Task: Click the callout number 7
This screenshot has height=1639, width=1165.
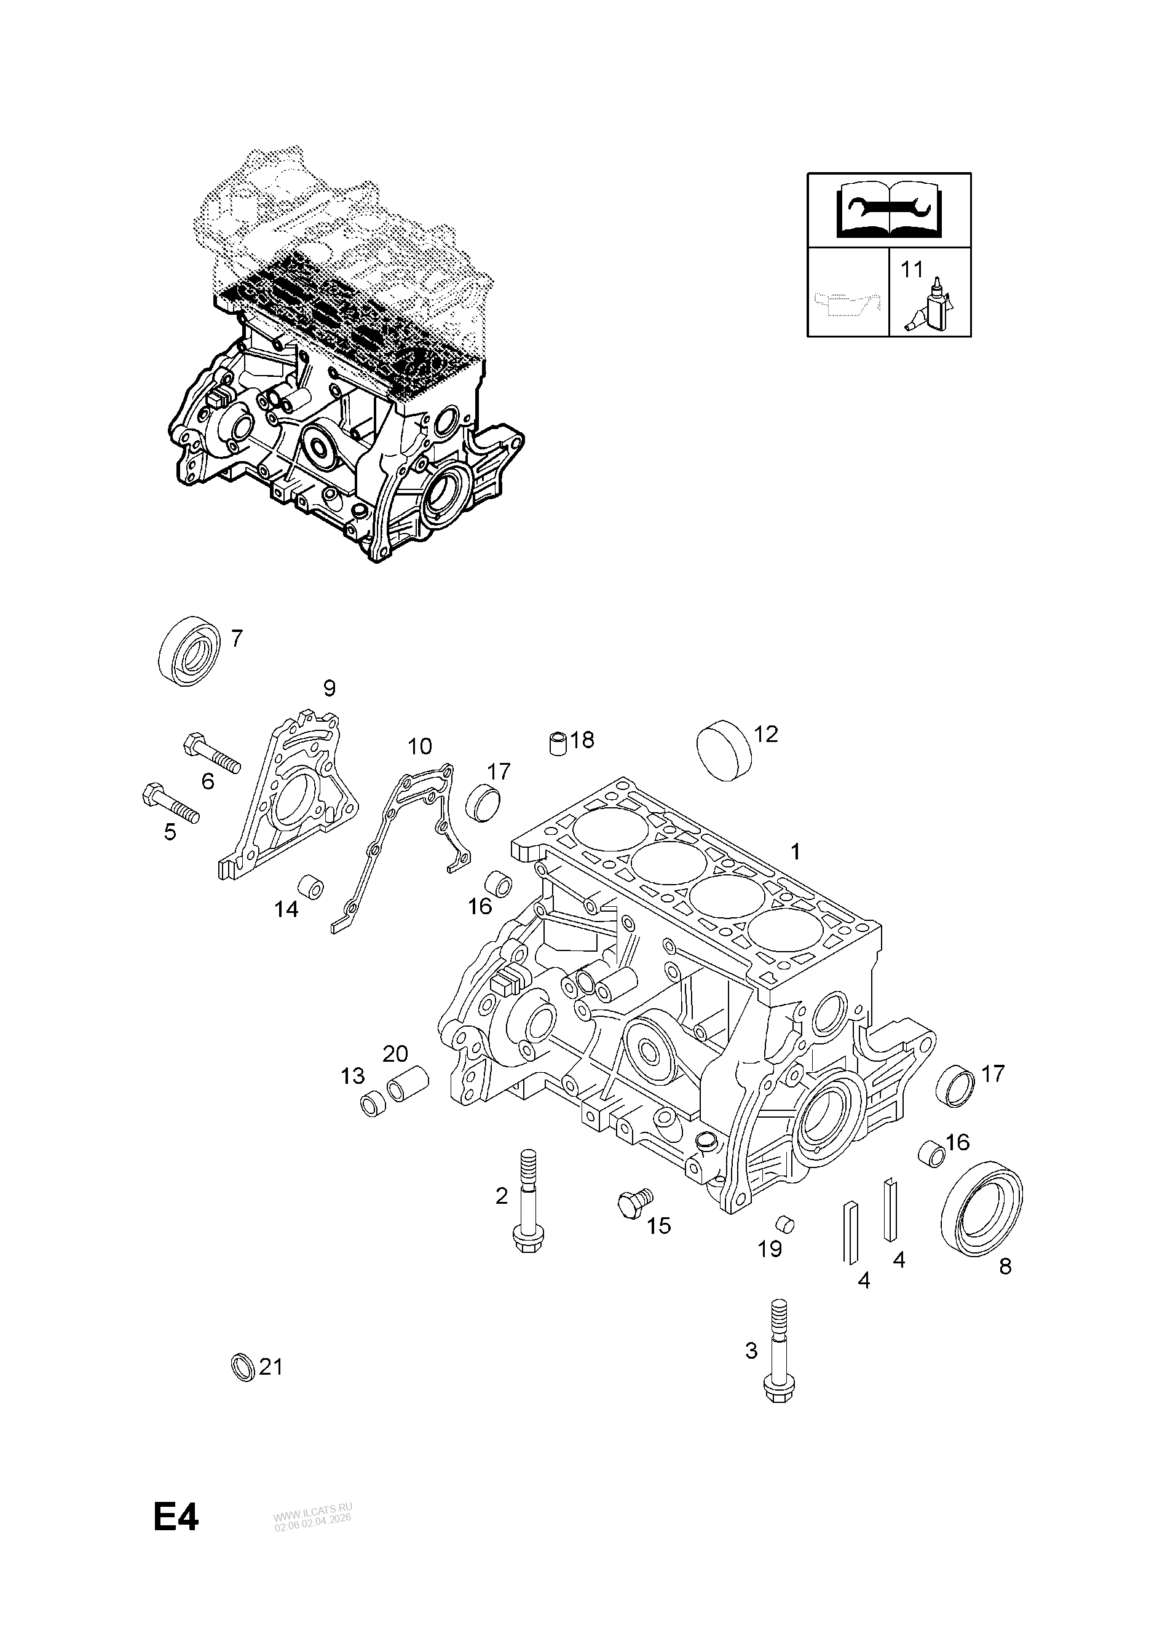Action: point(236,638)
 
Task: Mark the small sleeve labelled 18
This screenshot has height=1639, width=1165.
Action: point(559,743)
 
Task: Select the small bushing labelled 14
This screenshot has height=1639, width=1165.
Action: point(311,887)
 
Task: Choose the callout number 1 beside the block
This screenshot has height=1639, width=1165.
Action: point(795,851)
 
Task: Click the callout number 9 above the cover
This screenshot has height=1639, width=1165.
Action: point(330,689)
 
